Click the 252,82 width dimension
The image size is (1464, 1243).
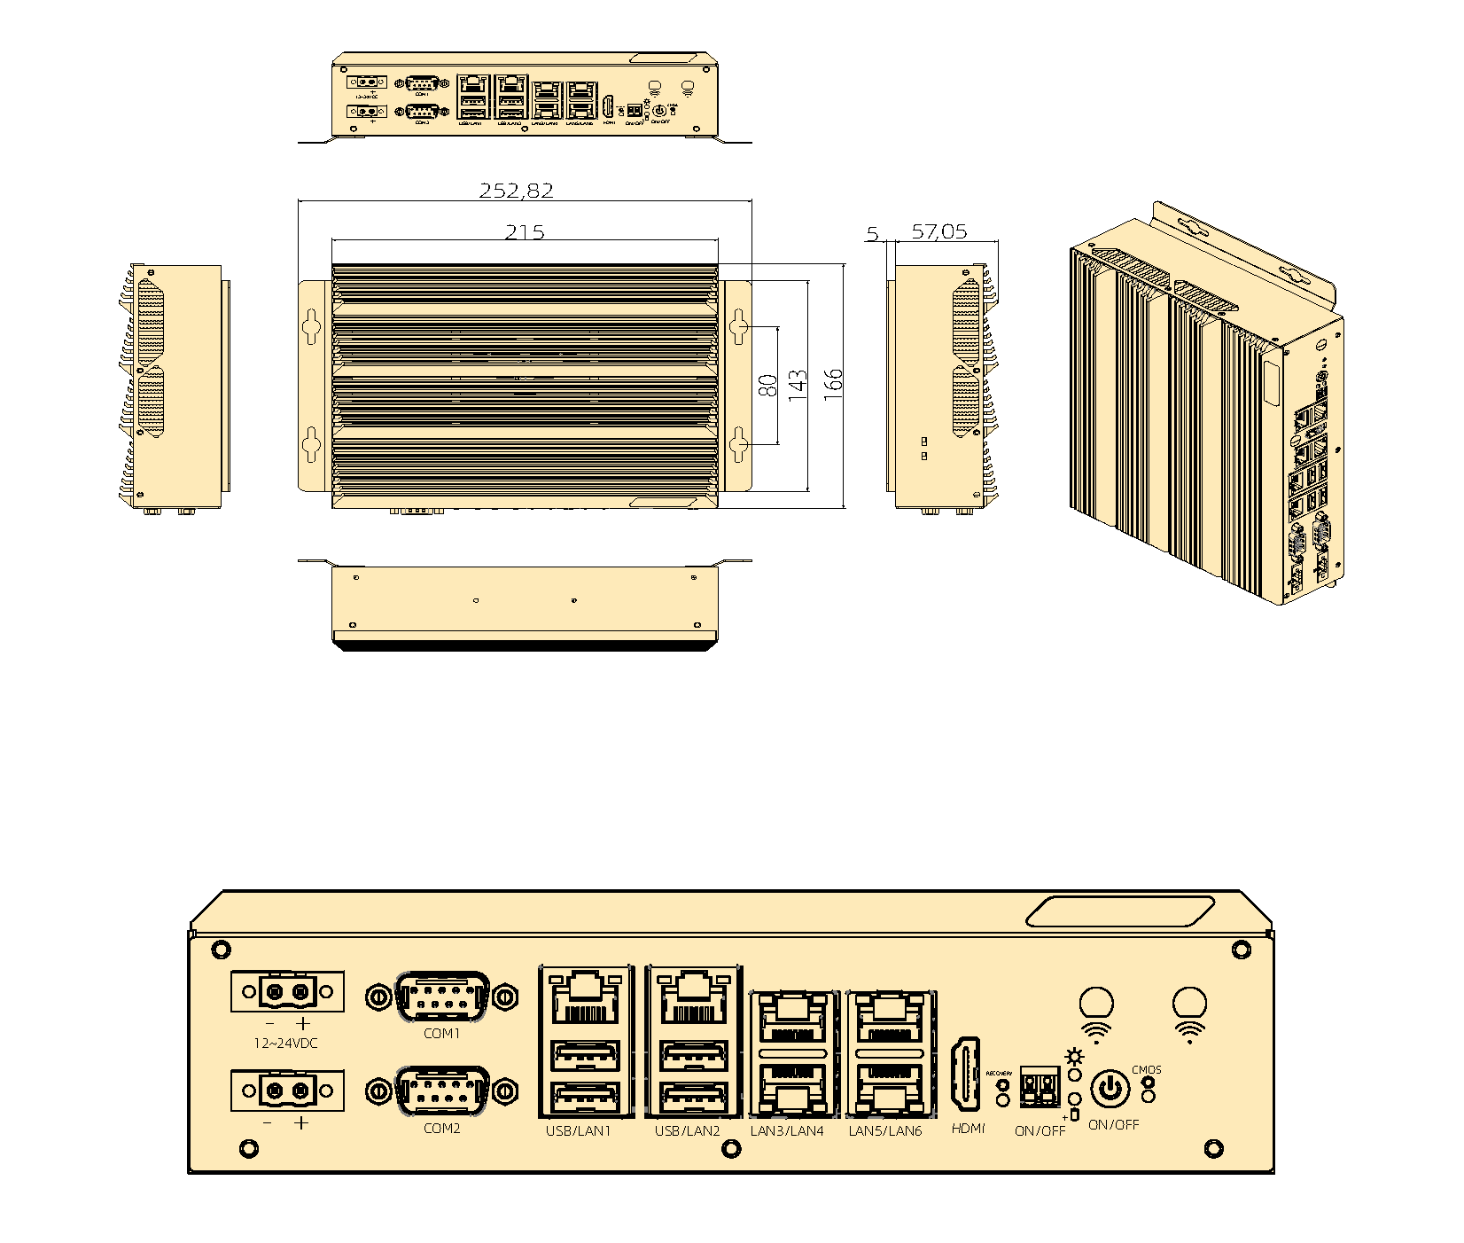[516, 191]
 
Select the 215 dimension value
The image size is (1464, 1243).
[525, 232]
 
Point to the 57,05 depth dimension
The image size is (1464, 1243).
[939, 232]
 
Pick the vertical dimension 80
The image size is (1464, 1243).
[768, 385]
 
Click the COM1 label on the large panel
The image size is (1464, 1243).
[441, 1034]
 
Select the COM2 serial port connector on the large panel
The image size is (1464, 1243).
[441, 1091]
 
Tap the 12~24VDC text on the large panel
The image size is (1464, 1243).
[285, 1044]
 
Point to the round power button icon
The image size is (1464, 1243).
[1110, 1088]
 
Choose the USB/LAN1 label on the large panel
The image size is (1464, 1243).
[579, 1131]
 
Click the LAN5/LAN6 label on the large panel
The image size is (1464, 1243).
[885, 1131]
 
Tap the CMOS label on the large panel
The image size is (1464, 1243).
[1146, 1070]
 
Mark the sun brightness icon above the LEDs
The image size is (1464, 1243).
[1075, 1057]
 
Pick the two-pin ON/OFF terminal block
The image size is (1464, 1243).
[1040, 1087]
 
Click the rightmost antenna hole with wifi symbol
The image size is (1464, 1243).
[1188, 1005]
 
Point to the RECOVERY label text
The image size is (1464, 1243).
[1000, 1074]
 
